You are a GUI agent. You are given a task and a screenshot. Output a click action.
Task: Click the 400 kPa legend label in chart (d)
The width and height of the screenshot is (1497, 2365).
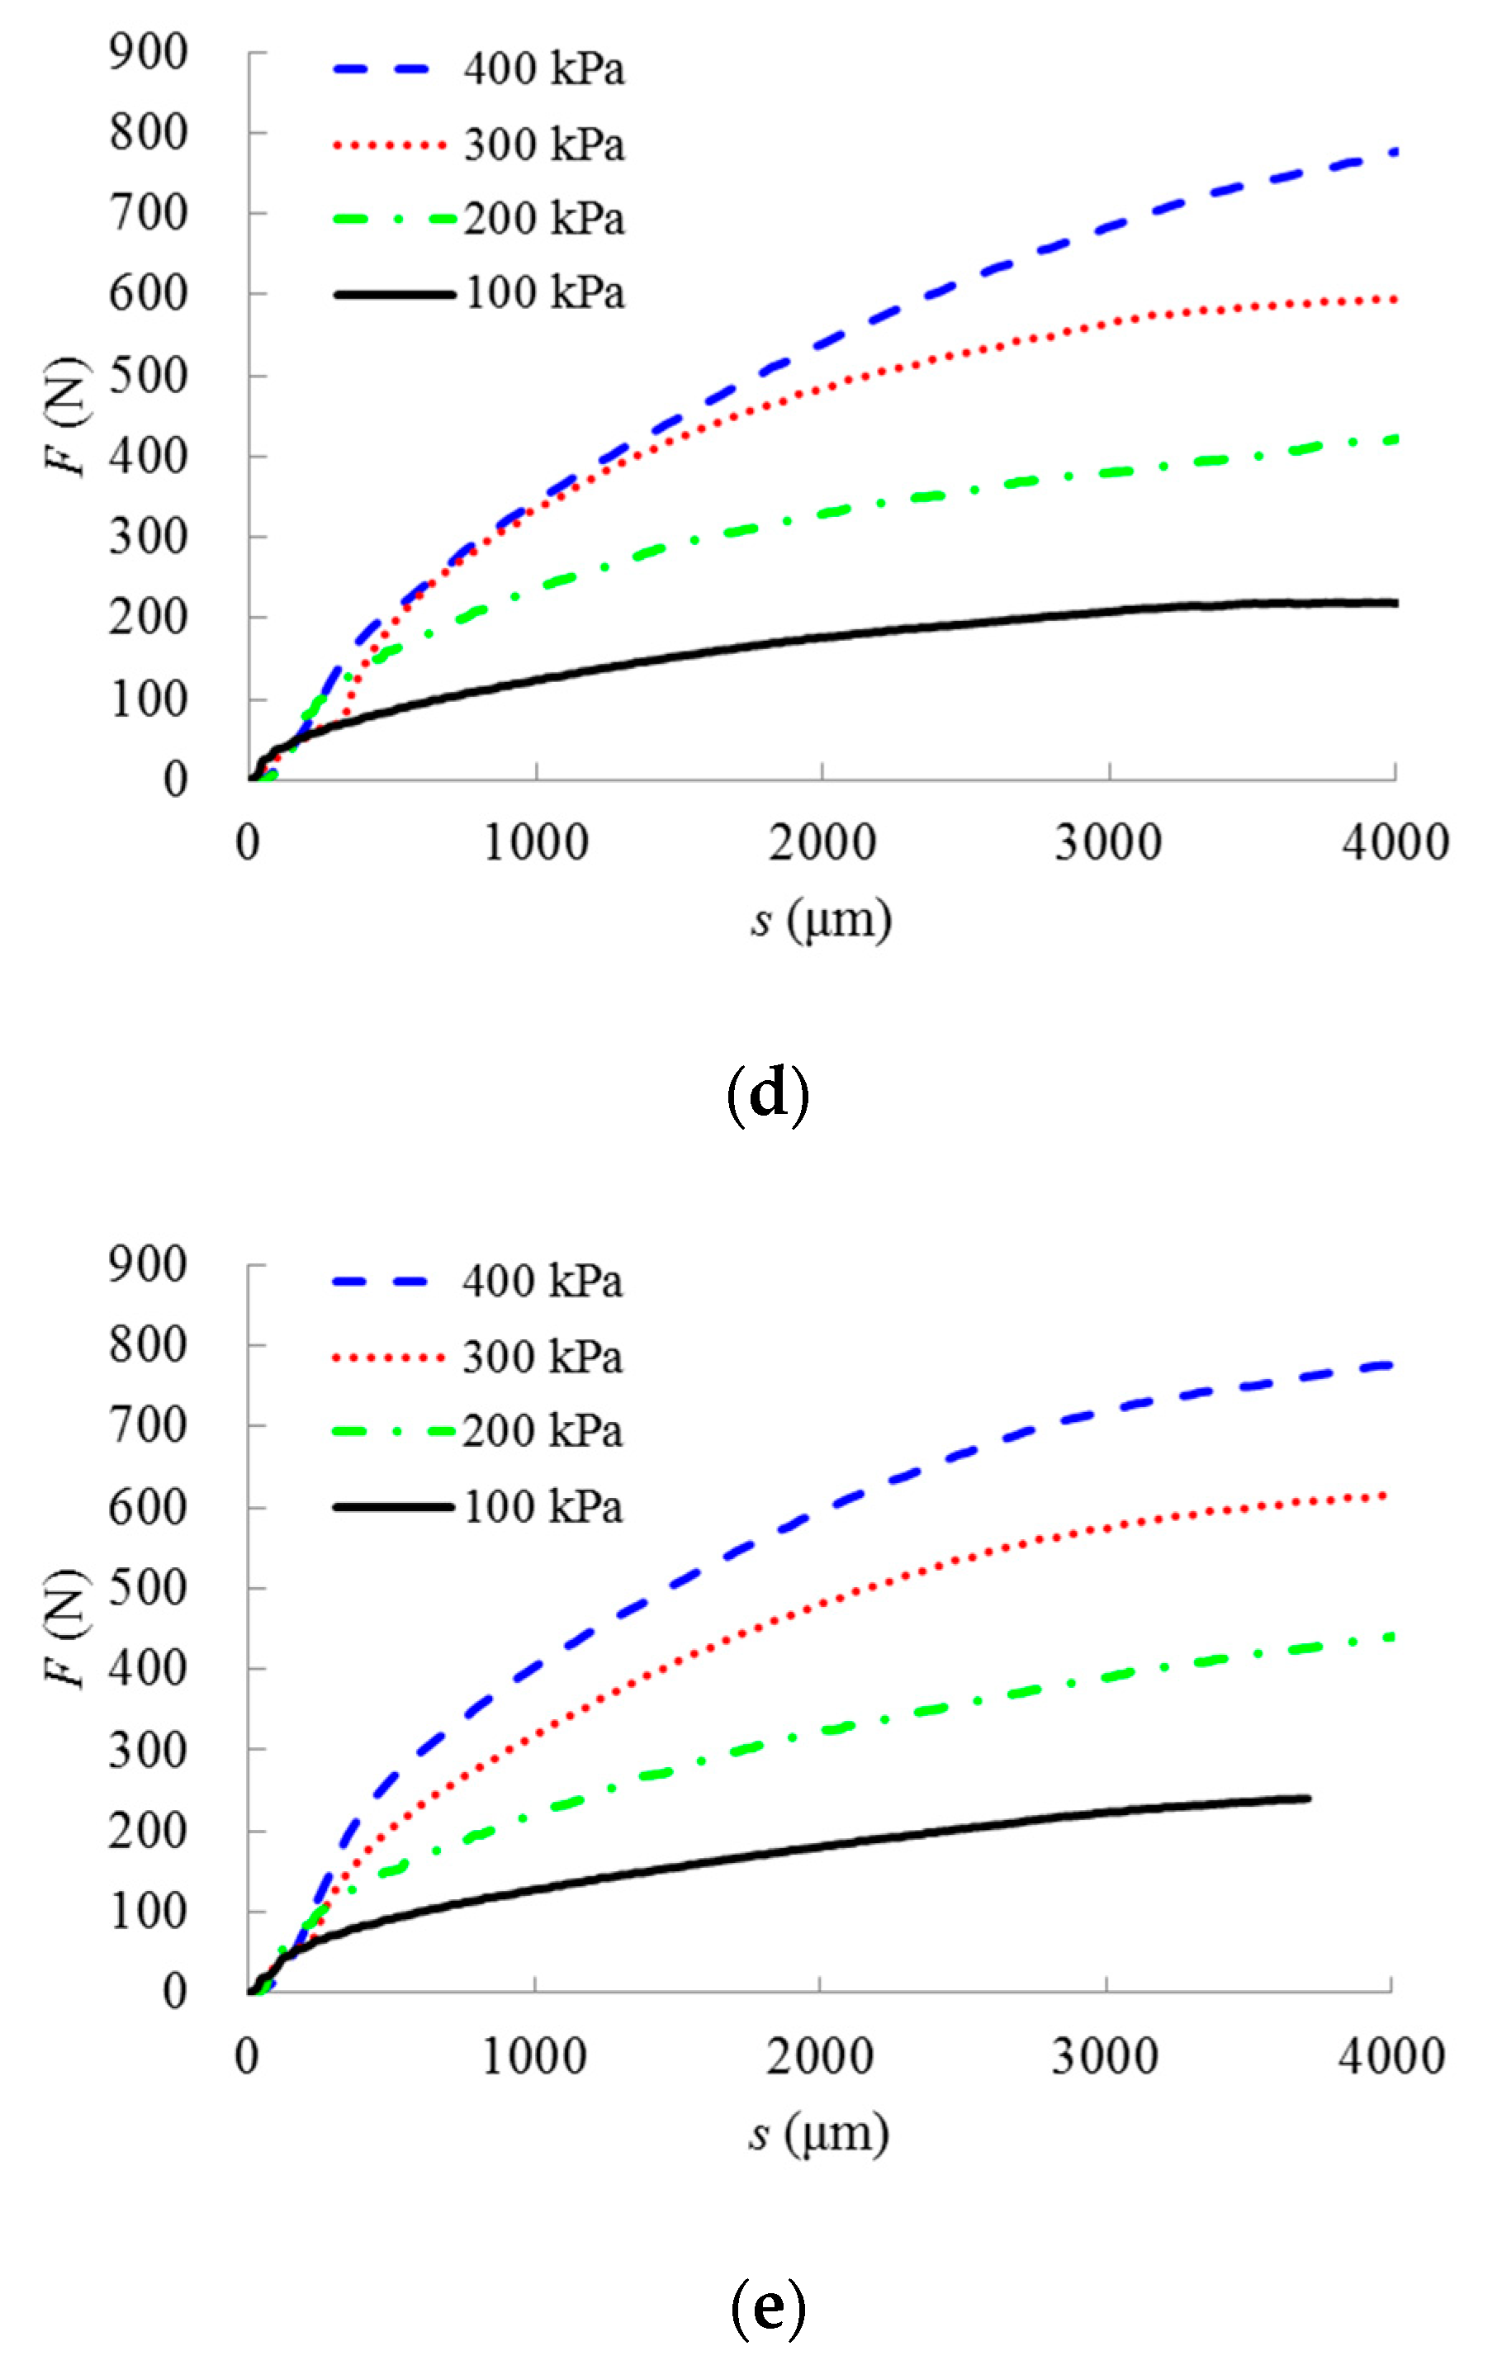coord(543,69)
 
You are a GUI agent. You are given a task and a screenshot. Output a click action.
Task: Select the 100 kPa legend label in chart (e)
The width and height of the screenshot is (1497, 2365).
coord(542,1506)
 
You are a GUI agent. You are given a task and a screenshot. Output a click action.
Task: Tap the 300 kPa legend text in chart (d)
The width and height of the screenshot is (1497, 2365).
coord(543,145)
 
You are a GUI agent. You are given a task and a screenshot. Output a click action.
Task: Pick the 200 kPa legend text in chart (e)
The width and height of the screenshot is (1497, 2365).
coord(542,1431)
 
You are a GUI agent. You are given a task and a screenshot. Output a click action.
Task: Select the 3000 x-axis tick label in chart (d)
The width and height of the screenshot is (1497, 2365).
coord(1108,842)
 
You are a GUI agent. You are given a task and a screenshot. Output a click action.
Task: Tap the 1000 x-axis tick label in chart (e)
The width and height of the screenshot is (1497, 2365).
coord(534,2057)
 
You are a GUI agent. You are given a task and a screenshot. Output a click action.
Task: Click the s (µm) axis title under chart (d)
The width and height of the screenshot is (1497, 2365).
coord(822,920)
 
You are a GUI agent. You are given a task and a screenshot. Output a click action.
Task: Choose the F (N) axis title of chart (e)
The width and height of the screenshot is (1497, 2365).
coord(67,1628)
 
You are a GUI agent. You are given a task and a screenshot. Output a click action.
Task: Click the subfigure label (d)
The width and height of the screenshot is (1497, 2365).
coord(767,1094)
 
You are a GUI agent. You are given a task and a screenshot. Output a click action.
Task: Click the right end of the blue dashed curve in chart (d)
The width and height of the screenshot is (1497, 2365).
coord(1394,151)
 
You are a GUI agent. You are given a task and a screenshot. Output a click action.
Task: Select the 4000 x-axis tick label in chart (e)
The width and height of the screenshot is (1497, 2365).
coord(1391,2057)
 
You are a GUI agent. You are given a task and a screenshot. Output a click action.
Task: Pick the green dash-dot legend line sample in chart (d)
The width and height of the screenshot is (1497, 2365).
coord(393,219)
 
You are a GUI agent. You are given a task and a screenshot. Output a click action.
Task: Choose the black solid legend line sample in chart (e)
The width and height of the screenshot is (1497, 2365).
coord(393,1506)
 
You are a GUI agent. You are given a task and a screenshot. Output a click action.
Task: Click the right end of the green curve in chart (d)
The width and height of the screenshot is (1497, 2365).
coord(1394,439)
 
